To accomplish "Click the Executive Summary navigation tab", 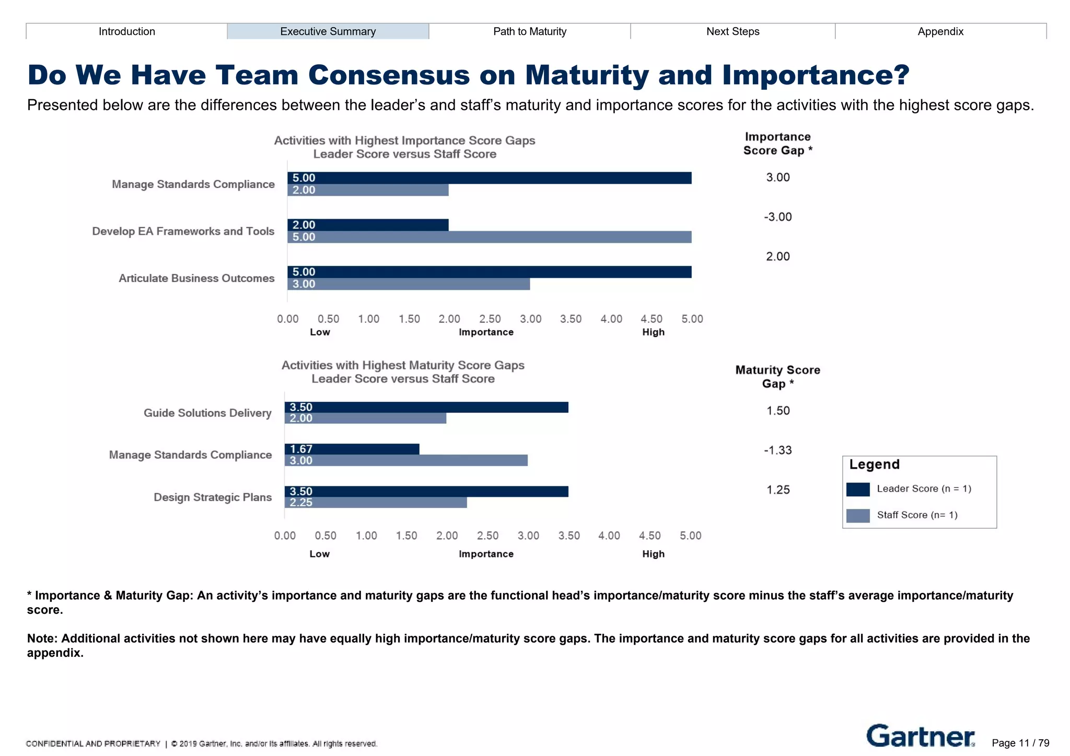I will (x=328, y=31).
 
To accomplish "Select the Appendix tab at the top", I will (x=940, y=31).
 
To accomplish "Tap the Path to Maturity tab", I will (x=529, y=31).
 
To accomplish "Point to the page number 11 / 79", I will (x=1020, y=743).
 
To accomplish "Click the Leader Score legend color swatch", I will (x=857, y=489).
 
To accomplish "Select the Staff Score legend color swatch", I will (x=857, y=515).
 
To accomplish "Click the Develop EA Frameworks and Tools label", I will (x=183, y=231).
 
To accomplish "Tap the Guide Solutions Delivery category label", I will (x=207, y=413).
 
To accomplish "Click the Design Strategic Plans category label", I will (x=212, y=497).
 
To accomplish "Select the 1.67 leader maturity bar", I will (x=352, y=449).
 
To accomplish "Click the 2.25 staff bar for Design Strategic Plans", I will (x=375, y=502).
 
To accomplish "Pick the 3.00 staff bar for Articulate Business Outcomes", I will (x=408, y=284).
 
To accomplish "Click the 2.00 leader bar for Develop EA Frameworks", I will (x=367, y=225).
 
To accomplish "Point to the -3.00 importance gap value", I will (x=777, y=217).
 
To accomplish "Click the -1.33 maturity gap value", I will (x=777, y=450).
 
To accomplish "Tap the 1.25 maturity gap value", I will (x=777, y=490).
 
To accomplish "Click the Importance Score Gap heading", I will (x=777, y=144).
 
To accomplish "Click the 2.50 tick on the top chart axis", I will (x=490, y=319).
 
